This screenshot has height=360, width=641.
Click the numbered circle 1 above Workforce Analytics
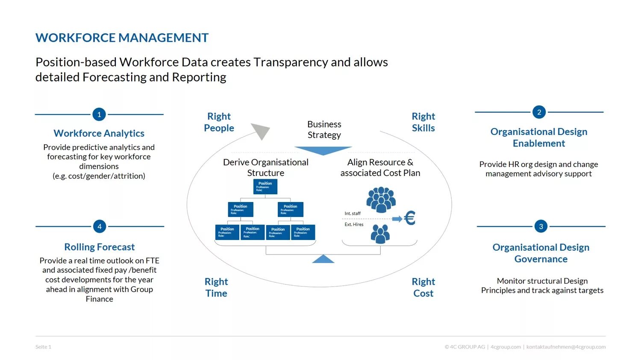point(99,114)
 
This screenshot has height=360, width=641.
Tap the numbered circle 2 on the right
point(539,112)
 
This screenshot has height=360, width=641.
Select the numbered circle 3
point(541,226)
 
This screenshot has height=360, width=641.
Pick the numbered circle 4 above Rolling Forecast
point(100,226)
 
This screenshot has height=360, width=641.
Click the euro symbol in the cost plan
point(409,218)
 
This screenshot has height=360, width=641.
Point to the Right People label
point(219,122)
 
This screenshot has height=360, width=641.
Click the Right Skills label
point(423,122)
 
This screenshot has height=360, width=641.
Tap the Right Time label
point(216,287)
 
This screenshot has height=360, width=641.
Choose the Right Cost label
point(423,287)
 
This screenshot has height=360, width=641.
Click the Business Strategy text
point(324,129)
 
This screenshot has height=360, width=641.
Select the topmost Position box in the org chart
point(265,187)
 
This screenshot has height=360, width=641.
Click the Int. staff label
point(353,214)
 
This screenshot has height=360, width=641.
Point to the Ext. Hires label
point(354,225)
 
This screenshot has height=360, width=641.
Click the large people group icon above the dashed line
point(381,199)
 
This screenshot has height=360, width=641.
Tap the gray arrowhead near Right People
point(261,131)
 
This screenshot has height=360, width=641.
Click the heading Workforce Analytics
point(99,133)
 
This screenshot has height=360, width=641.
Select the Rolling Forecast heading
point(100,247)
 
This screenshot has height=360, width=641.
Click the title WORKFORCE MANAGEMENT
point(122,38)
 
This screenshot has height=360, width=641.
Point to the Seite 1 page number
point(43,347)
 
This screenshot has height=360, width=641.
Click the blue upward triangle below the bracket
point(323,259)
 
